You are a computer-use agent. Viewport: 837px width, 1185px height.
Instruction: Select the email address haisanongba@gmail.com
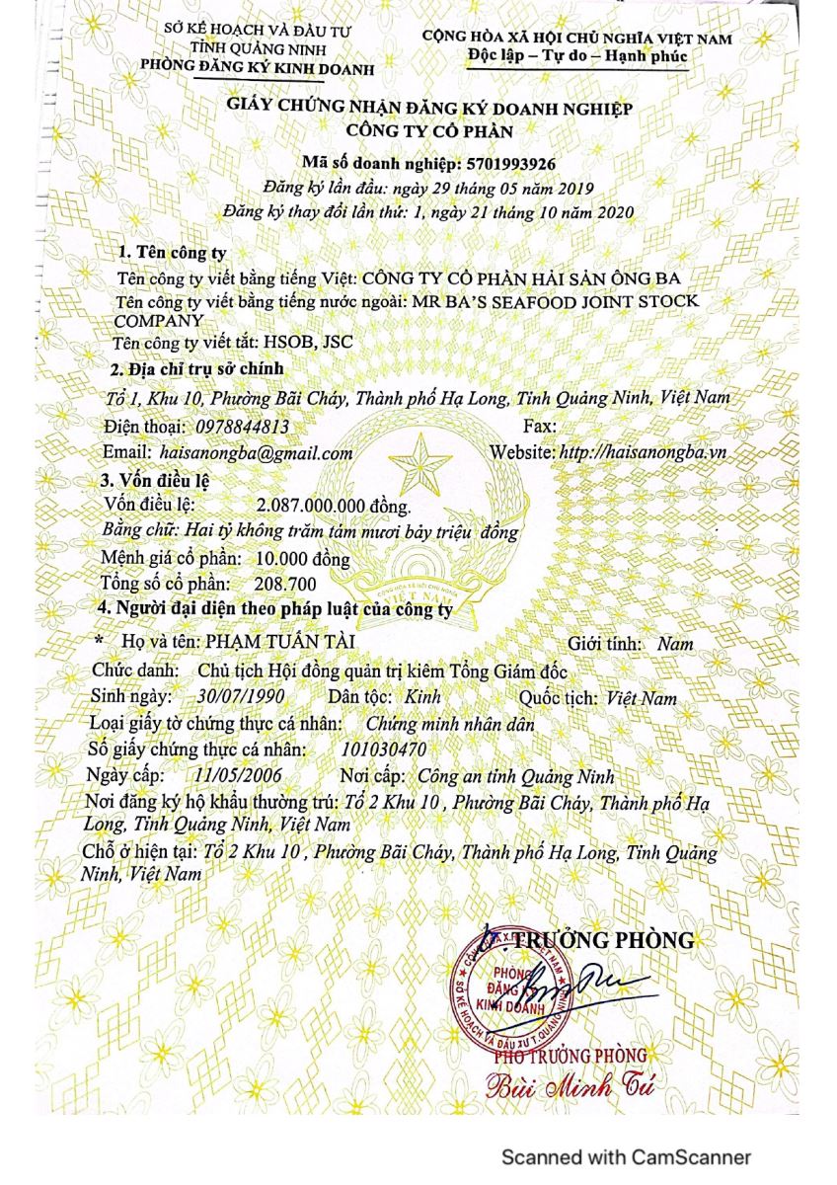(262, 452)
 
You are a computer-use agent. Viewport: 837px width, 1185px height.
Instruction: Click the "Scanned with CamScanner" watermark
(626, 1156)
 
